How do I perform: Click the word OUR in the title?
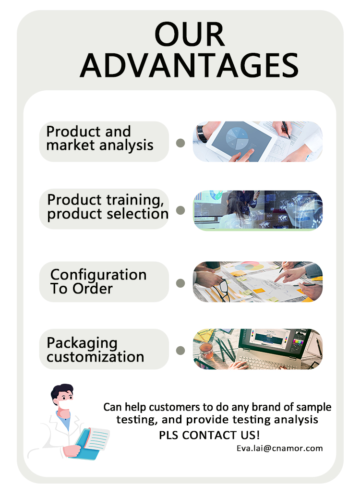point(189,35)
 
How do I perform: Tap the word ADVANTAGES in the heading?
point(189,65)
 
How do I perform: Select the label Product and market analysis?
point(100,138)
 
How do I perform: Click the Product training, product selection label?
point(108,207)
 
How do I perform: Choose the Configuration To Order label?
point(98,281)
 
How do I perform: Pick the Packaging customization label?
point(95,350)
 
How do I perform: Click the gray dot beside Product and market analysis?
point(180,143)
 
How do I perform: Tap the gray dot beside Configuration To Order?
point(180,283)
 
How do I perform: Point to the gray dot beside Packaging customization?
point(180,351)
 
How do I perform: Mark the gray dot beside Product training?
point(180,210)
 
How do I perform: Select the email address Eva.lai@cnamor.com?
point(279,448)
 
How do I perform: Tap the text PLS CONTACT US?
point(210,435)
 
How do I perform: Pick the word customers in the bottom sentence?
point(176,407)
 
